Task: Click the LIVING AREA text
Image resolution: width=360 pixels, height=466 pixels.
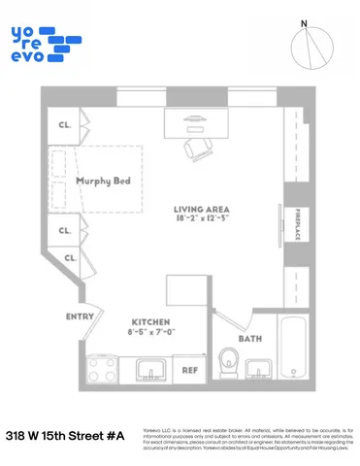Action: point(201,210)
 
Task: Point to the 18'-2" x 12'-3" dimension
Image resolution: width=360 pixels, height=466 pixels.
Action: point(201,220)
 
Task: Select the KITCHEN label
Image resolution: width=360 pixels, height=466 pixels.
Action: point(151,321)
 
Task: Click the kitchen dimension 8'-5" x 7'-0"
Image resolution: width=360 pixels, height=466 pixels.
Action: point(151,332)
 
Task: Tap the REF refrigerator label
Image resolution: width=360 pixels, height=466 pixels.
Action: point(190,371)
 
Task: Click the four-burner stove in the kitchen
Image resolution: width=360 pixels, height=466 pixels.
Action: point(103,369)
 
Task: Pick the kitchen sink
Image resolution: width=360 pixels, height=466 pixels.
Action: point(150,369)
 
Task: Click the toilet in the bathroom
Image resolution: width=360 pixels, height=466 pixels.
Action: point(230,361)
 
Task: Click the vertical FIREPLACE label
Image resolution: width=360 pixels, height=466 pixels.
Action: point(298,224)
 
